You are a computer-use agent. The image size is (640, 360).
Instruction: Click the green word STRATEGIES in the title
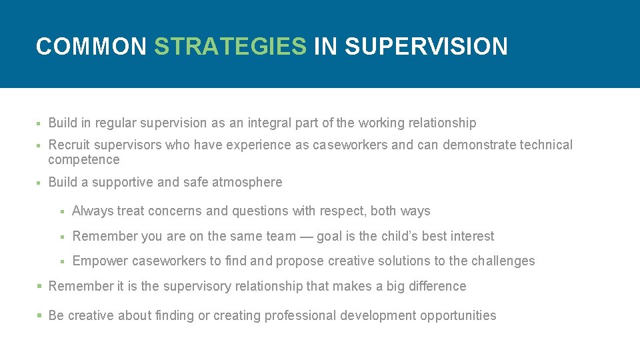tap(230, 46)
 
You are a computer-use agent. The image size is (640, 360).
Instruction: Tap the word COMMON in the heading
tap(91, 46)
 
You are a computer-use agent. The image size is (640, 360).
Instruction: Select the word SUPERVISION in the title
tap(426, 46)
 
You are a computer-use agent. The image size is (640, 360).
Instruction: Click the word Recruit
tap(69, 145)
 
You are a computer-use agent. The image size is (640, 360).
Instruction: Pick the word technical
tap(546, 145)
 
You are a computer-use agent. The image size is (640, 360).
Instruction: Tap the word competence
tap(84, 159)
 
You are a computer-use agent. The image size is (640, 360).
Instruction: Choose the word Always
tap(93, 211)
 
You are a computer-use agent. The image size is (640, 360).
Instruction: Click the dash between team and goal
tap(305, 236)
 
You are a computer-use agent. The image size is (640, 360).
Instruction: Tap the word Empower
tap(100, 261)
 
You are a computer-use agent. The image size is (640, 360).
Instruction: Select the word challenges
tap(503, 261)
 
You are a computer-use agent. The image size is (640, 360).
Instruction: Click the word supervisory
tap(199, 286)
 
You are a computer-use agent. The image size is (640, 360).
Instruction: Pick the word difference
tap(437, 286)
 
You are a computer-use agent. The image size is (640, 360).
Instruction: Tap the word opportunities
tap(458, 315)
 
